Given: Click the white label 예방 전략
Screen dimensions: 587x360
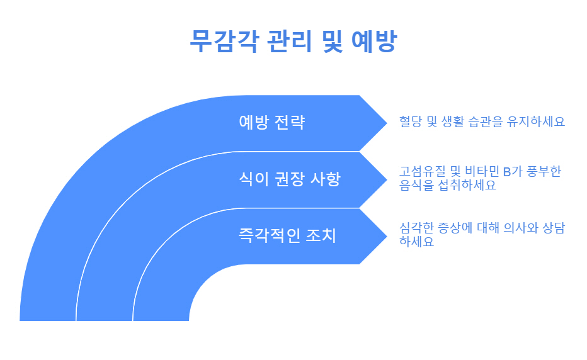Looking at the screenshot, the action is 272,122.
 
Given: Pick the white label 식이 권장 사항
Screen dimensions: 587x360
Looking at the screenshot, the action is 290,179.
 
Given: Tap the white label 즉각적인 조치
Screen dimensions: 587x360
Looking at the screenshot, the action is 287,236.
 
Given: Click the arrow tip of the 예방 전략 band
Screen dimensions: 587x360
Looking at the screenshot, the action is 384,123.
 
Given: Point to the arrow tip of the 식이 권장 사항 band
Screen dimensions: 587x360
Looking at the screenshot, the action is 384,179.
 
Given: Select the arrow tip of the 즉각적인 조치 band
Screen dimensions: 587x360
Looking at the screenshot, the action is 384,236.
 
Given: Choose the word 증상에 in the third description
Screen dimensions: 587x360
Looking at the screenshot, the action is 457,228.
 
